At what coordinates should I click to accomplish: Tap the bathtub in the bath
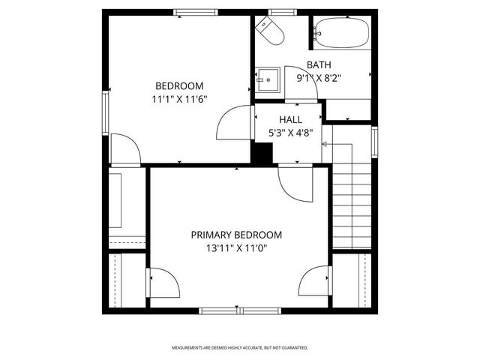point(342,33)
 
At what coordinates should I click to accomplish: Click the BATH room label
point(319,65)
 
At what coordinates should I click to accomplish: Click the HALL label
point(290,120)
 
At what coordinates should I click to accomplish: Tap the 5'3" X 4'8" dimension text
point(290,133)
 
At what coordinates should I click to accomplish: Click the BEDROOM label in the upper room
point(179,85)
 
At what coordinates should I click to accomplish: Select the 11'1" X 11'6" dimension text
point(179,98)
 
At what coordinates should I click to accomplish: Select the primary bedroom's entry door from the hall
point(292,181)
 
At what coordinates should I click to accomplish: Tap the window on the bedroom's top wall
point(196,12)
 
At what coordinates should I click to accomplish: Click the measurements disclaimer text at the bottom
point(240,348)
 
